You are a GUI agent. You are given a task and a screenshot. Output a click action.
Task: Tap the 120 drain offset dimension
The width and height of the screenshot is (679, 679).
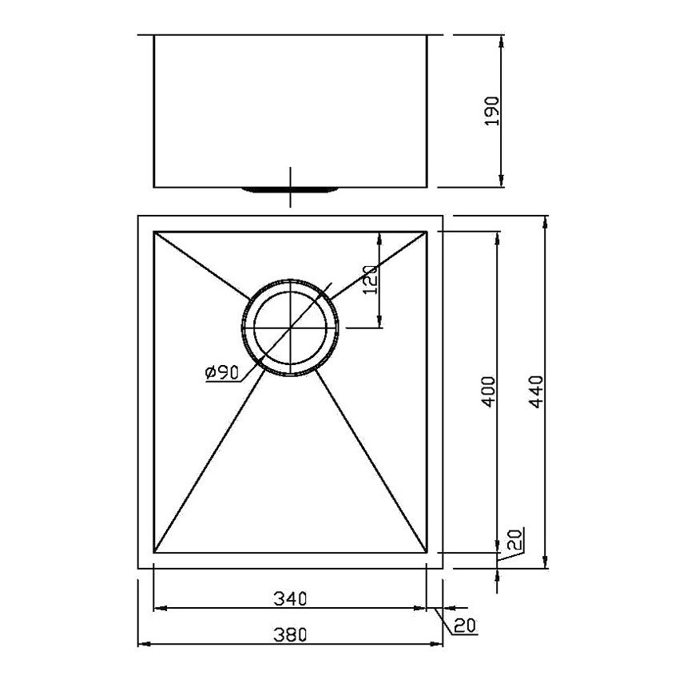pyautogui.click(x=369, y=280)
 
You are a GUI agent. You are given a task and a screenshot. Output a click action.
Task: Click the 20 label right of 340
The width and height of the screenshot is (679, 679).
pyautogui.click(x=464, y=625)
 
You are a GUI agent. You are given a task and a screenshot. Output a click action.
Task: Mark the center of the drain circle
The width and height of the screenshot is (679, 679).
pyautogui.click(x=290, y=328)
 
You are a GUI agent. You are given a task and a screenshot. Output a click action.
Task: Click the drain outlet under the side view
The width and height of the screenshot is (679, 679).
pyautogui.click(x=290, y=189)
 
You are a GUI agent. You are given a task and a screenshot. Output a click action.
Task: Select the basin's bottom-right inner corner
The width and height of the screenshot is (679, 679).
pyautogui.click(x=428, y=552)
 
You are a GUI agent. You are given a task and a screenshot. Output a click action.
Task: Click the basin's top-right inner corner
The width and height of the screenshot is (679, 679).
pyautogui.click(x=428, y=232)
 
